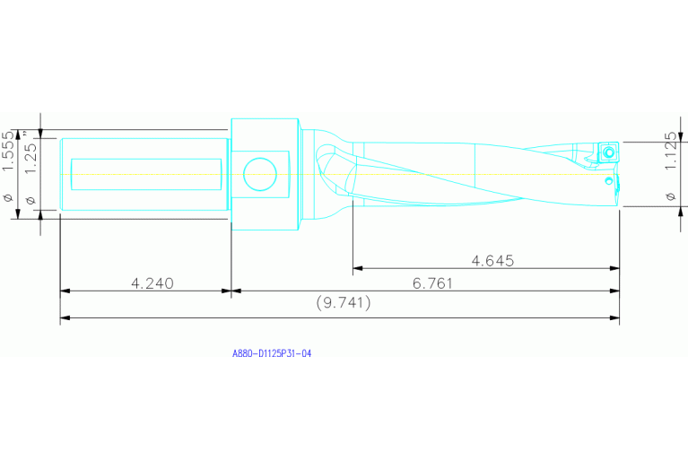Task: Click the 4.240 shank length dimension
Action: pyautogui.click(x=152, y=283)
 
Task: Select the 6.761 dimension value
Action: pyautogui.click(x=432, y=283)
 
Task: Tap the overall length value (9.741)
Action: pyautogui.click(x=344, y=303)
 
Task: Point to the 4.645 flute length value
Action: pyautogui.click(x=492, y=261)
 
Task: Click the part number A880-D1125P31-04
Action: pyautogui.click(x=271, y=354)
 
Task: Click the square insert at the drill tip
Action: pyautogui.click(x=608, y=152)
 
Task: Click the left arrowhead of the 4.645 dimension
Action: pyautogui.click(x=356, y=267)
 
